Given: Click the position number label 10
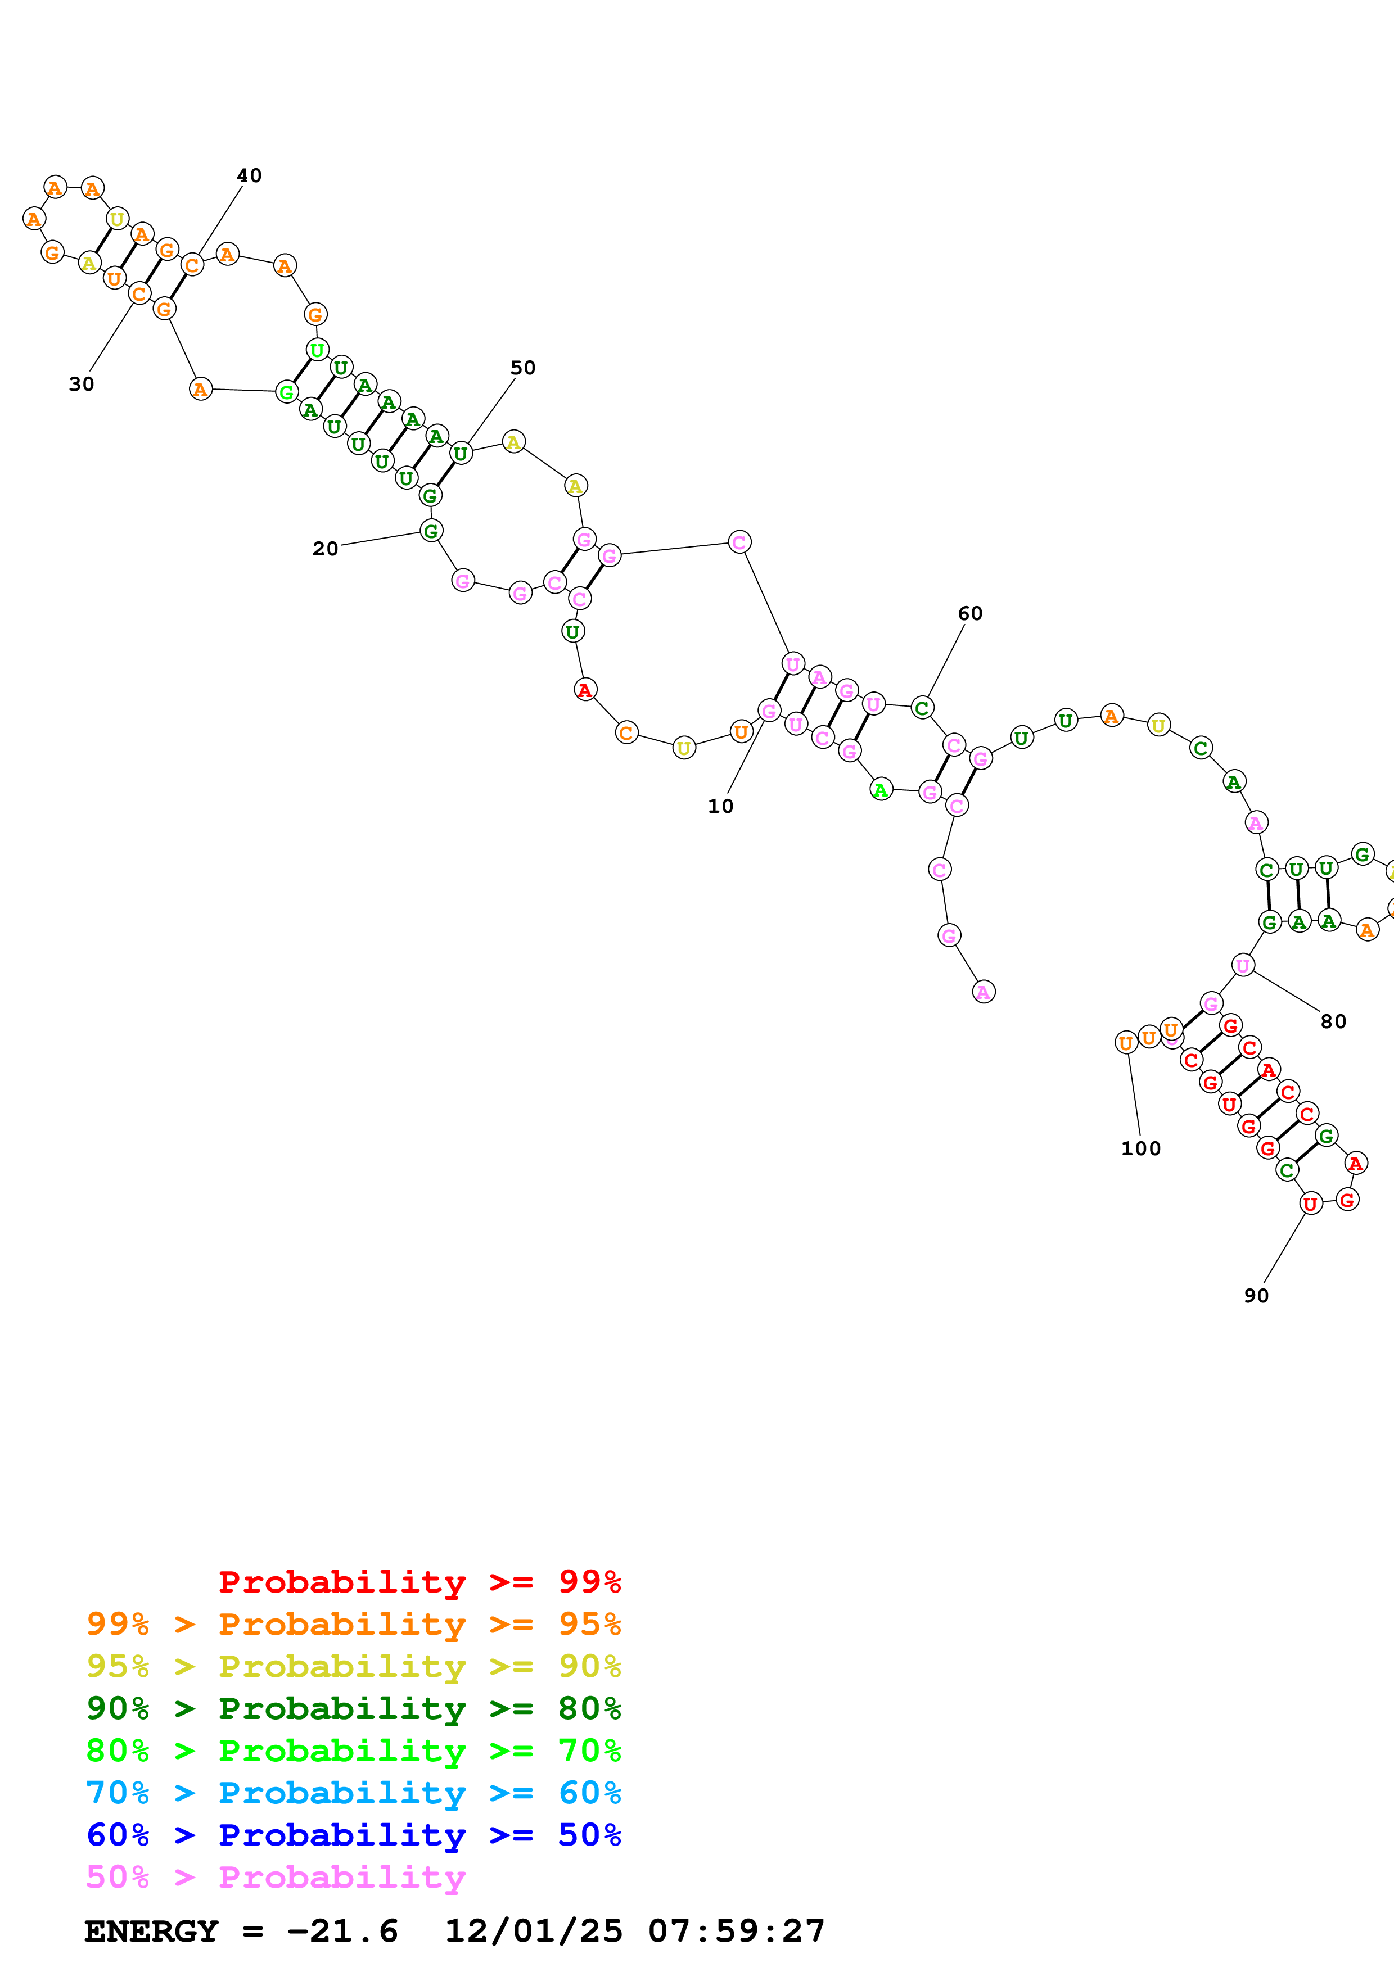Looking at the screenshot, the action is click(x=720, y=806).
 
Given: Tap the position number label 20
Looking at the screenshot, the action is click(x=324, y=549).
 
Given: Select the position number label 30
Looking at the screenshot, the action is click(x=82, y=384).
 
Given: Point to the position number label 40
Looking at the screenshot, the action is click(x=249, y=175).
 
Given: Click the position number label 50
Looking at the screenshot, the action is click(x=522, y=368).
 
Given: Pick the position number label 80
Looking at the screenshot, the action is click(x=1333, y=1021).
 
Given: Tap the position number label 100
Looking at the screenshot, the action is click(x=1140, y=1148).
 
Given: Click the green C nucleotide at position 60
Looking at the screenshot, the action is click(x=922, y=708).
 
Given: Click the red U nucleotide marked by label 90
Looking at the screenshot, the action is click(x=1310, y=1204).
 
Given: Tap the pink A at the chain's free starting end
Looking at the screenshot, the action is click(x=984, y=992).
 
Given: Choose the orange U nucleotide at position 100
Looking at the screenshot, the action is click(x=1126, y=1043).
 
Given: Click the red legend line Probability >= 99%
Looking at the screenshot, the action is click(x=419, y=1582).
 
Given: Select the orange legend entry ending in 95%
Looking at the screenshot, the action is click(x=353, y=1624).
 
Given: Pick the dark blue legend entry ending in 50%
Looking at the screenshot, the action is click(x=353, y=1835).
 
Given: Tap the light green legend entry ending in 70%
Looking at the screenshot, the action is click(x=353, y=1751).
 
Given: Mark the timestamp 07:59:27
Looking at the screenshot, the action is click(x=736, y=1931).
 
